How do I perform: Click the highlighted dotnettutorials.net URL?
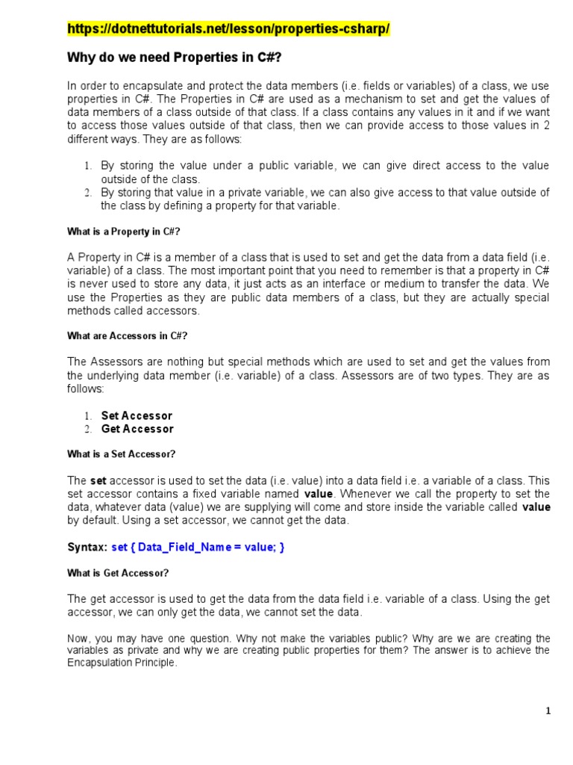[228, 29]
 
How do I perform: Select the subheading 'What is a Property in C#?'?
[124, 232]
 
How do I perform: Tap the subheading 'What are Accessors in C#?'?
[128, 335]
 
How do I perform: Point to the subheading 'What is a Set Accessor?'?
[122, 453]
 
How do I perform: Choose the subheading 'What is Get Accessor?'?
[118, 573]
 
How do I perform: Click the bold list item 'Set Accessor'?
[137, 415]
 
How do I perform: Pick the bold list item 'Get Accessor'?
[137, 429]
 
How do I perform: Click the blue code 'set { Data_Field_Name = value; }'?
[198, 548]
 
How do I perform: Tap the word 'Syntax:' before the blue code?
[87, 548]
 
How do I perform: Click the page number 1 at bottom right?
[548, 711]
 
